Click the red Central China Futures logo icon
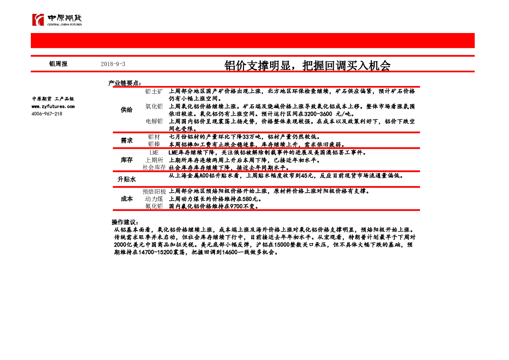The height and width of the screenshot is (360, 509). tap(38, 20)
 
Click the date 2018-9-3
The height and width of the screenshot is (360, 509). tap(113, 64)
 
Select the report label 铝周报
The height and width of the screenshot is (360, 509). tap(58, 64)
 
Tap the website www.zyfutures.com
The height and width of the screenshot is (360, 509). tap(53, 106)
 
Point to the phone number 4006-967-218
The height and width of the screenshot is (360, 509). tap(47, 114)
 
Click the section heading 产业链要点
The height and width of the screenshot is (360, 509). tap(124, 83)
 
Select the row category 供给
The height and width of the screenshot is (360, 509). tap(127, 110)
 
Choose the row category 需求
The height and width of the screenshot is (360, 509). tap(127, 141)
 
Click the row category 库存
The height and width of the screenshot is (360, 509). tap(127, 160)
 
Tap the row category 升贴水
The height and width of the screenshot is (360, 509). tap(127, 179)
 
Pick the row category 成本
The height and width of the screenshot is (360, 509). tap(127, 199)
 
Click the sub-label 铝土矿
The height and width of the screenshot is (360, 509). tap(154, 91)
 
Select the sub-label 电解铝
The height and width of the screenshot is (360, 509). tap(154, 121)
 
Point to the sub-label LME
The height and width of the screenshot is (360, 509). tap(154, 152)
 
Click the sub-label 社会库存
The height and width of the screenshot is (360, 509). tap(154, 168)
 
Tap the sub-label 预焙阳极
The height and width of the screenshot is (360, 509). tap(154, 191)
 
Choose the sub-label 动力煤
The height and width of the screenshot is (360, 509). tap(154, 199)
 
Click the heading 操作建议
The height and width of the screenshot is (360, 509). tap(125, 222)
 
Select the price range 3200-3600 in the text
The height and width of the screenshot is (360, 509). tap(318, 114)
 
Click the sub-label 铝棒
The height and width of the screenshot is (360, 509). tap(154, 144)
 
